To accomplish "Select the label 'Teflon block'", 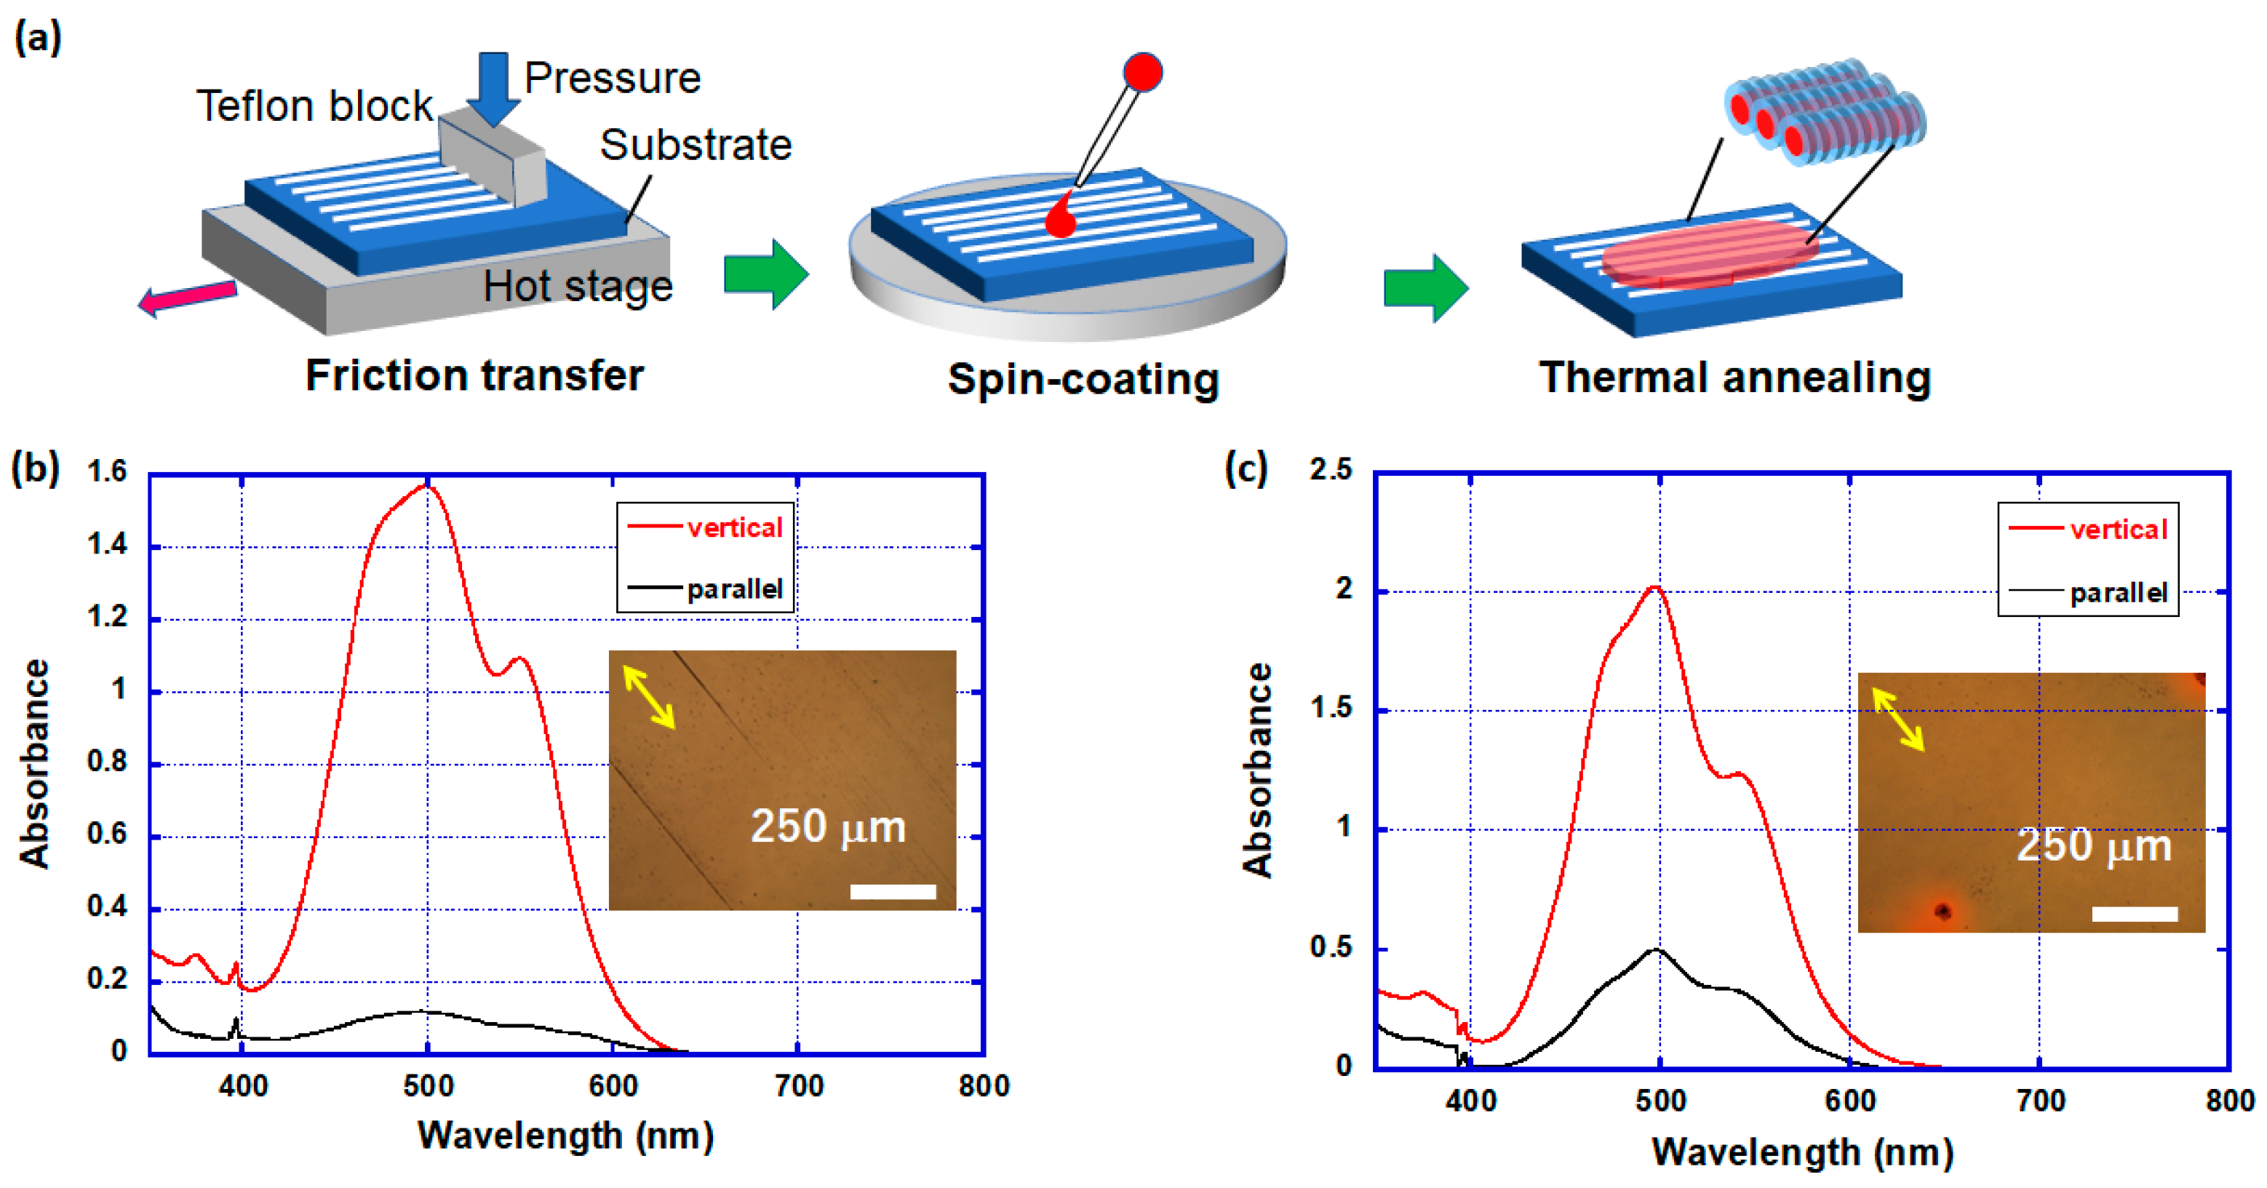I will [x=314, y=106].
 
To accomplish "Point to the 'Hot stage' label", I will [x=578, y=286].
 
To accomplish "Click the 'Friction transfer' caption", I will [x=474, y=376].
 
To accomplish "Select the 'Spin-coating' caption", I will [x=1083, y=379].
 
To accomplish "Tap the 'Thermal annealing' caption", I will [x=1734, y=378].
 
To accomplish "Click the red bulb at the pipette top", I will [x=1142, y=72].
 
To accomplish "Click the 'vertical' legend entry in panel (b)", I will [x=734, y=528].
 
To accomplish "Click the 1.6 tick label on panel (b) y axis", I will [x=108, y=471].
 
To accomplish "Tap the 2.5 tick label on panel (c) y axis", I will [x=1331, y=470].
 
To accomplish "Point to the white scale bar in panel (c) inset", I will [x=2134, y=914].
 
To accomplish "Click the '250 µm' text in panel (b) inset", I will [x=827, y=827].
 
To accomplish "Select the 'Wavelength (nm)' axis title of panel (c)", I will [x=1802, y=1152].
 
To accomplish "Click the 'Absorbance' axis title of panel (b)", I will [x=34, y=764].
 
